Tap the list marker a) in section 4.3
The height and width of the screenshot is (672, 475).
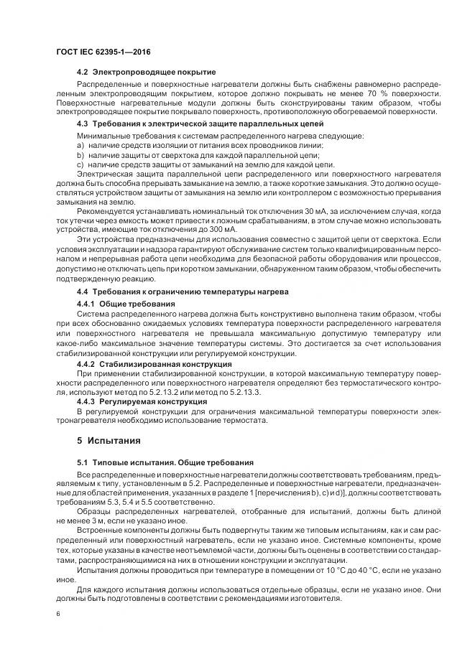80,145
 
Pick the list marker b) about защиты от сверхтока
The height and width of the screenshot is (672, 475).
80,154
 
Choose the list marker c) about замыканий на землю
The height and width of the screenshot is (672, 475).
80,164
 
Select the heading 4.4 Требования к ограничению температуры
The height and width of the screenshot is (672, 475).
183,292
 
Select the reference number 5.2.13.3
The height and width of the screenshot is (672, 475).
244,393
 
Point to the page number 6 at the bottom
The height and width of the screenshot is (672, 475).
58,615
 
